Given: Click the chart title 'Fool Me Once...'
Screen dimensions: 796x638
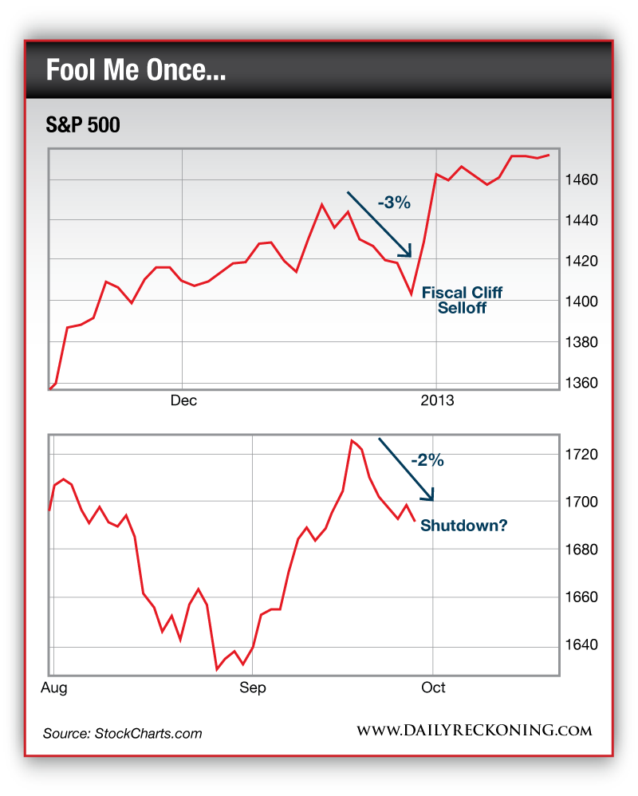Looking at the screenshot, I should pyautogui.click(x=136, y=71).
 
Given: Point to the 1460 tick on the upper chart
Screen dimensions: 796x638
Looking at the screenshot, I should pyautogui.click(x=583, y=179).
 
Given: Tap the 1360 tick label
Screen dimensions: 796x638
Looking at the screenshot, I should pyautogui.click(x=583, y=383).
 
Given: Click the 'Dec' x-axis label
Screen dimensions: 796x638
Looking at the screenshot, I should pyautogui.click(x=183, y=400).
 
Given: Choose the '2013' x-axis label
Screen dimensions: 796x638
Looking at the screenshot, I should pyautogui.click(x=436, y=400).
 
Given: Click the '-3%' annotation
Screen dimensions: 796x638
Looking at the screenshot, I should pyautogui.click(x=393, y=203).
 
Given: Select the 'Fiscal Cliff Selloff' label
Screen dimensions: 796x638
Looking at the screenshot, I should pyautogui.click(x=463, y=300).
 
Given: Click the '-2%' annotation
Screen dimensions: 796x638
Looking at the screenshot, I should pyautogui.click(x=427, y=460).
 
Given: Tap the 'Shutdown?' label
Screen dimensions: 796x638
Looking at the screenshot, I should pyautogui.click(x=463, y=526).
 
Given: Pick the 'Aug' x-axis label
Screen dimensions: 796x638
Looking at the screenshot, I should pyautogui.click(x=54, y=688).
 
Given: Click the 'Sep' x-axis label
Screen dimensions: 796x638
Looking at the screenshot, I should pyautogui.click(x=253, y=688).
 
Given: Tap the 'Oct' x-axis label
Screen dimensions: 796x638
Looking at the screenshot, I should pyautogui.click(x=433, y=688).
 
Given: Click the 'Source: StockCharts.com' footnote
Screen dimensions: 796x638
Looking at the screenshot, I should pyautogui.click(x=122, y=733).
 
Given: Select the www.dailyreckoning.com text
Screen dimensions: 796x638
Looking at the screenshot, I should pyautogui.click(x=474, y=731).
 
